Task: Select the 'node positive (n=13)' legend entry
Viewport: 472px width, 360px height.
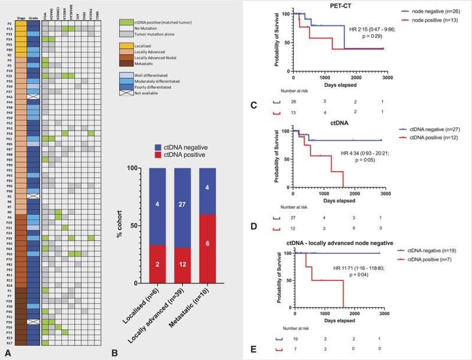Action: click(437, 19)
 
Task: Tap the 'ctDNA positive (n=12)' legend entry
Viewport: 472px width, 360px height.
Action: click(435, 136)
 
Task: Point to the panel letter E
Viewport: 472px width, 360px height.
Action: click(253, 349)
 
